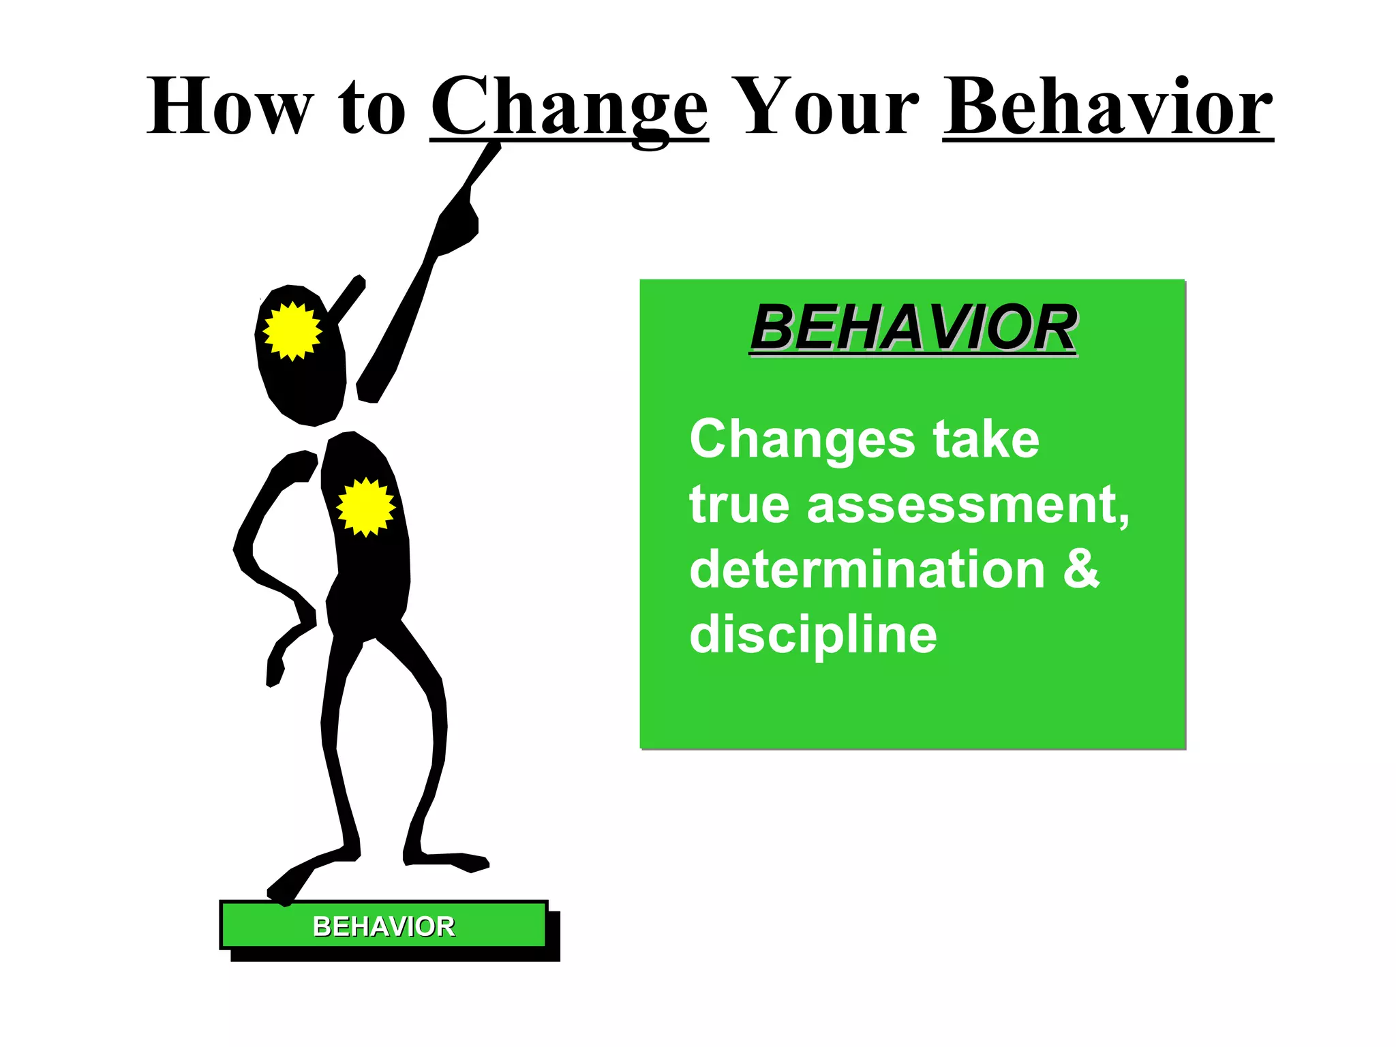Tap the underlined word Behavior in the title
[1108, 108]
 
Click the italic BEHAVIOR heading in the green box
[913, 329]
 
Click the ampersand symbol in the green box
[1081, 569]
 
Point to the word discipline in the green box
[813, 635]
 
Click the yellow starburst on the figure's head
[292, 331]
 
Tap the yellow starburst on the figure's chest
[366, 506]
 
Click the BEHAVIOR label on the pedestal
[384, 926]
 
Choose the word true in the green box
[739, 505]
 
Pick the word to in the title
[371, 108]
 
